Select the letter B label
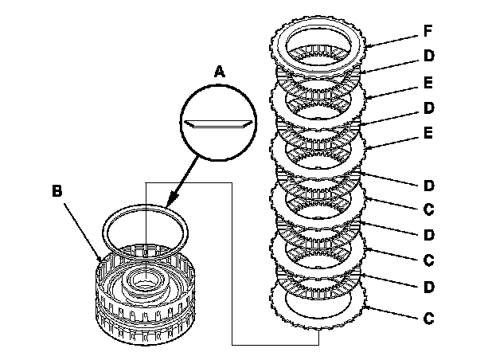56,191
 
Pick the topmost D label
428,57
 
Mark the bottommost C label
428,318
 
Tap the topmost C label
428,210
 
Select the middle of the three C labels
428,260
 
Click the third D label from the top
428,186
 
